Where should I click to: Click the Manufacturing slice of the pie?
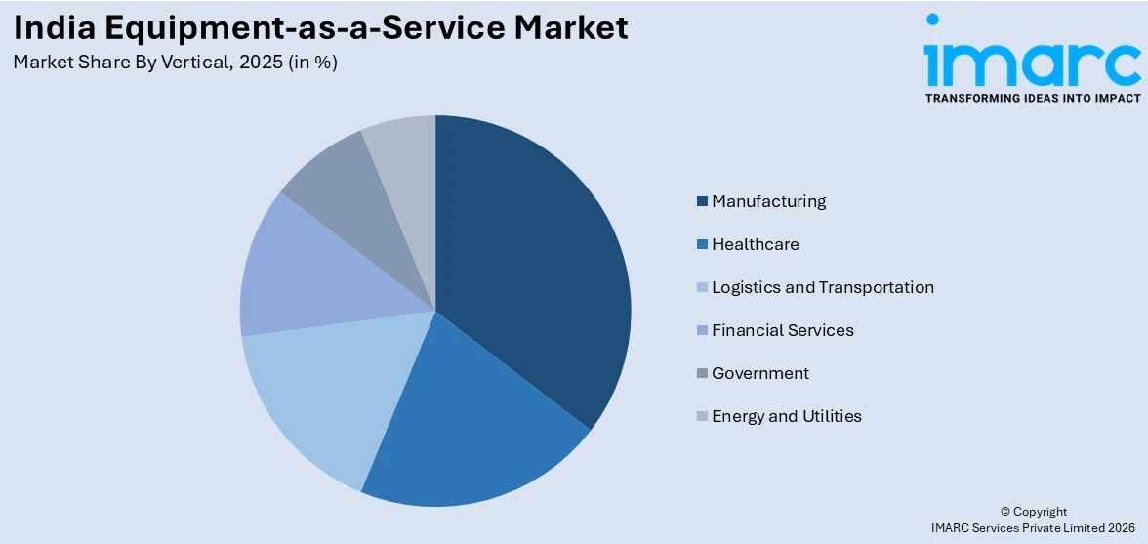pos(532,264)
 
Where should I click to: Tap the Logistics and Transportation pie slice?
pos(322,391)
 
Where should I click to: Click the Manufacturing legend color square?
pos(702,201)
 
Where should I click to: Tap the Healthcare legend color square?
pos(702,244)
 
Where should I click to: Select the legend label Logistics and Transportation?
pos(823,287)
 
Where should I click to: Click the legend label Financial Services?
pos(783,330)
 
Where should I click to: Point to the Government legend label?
pos(760,373)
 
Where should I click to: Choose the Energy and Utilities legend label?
pos(787,416)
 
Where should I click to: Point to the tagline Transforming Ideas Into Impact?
pos(1032,98)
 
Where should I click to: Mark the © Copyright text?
pos(1034,512)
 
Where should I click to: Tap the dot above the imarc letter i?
pos(932,20)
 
